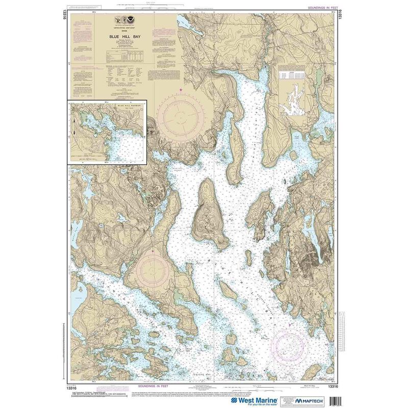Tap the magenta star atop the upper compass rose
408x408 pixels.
tap(181, 90)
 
